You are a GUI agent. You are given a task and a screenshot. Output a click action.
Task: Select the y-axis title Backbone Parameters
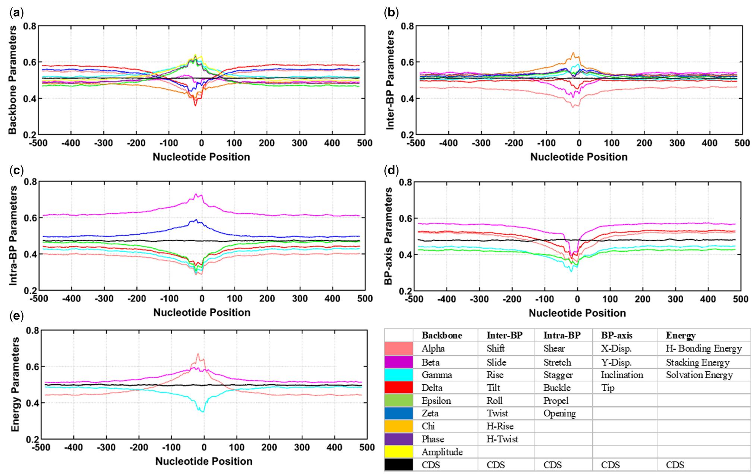(12, 80)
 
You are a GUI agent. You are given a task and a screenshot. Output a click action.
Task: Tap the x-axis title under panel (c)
(202, 312)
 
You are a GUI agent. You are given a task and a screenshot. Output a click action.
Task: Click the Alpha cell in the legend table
(433, 349)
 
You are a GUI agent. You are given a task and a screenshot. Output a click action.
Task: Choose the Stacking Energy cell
(697, 362)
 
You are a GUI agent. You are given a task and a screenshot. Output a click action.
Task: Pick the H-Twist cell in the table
(502, 439)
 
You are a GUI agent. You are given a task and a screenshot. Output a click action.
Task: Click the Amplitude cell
(442, 452)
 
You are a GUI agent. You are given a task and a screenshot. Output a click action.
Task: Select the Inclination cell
(622, 375)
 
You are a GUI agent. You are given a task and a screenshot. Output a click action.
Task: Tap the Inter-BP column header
(504, 335)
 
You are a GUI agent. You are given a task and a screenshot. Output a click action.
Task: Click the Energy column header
(681, 335)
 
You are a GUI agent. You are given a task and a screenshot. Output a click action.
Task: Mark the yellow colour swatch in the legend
(399, 452)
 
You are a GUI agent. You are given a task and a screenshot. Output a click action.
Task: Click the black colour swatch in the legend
(399, 465)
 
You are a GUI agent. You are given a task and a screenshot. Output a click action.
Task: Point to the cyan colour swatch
(399, 375)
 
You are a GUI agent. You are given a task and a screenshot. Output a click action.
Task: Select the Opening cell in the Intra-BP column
(559, 413)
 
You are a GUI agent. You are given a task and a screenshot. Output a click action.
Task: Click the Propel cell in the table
(556, 401)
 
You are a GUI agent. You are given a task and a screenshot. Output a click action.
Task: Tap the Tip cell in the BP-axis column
(608, 388)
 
